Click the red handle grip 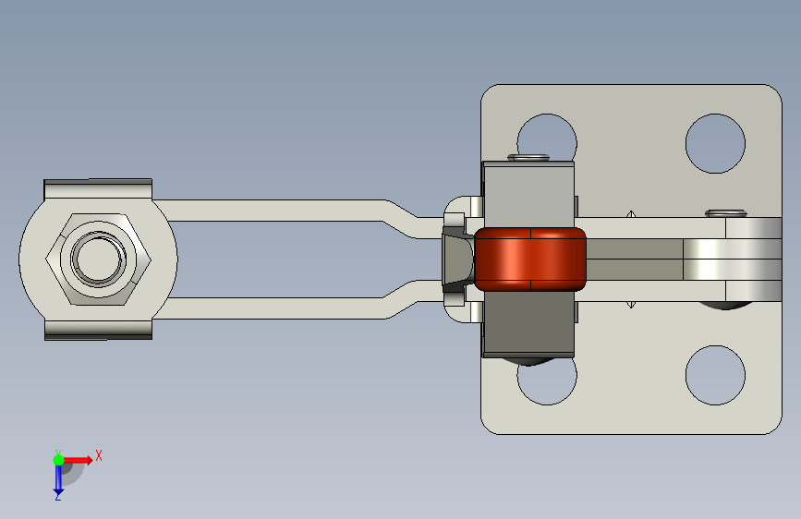pos(530,259)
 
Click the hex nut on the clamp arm pos(98,259)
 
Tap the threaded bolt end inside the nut pos(98,258)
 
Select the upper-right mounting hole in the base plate pos(715,143)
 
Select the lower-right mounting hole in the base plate pos(715,376)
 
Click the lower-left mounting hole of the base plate pos(547,382)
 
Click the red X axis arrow pos(78,460)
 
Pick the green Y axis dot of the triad pos(58,460)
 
